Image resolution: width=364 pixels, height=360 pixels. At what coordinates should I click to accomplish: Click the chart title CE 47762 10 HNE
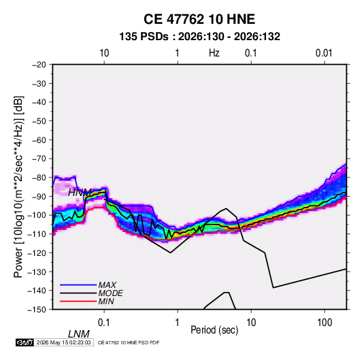pyautogui.click(x=199, y=19)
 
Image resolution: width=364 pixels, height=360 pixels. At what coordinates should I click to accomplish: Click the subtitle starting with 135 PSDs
pyautogui.click(x=199, y=37)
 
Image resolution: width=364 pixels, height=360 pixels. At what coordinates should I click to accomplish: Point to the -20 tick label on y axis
pyautogui.click(x=39, y=65)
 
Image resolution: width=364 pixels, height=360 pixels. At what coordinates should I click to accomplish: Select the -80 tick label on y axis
pyautogui.click(x=39, y=178)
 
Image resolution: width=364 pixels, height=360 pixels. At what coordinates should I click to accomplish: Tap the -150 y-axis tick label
pyautogui.click(x=37, y=310)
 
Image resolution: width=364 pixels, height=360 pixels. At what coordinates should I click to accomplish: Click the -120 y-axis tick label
pyautogui.click(x=37, y=253)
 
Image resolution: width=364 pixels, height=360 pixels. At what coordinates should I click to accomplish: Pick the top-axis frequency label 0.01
pyautogui.click(x=324, y=53)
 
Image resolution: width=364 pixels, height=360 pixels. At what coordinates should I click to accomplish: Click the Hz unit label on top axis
pyautogui.click(x=214, y=53)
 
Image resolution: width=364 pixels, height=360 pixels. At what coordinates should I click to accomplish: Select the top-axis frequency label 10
pyautogui.click(x=104, y=53)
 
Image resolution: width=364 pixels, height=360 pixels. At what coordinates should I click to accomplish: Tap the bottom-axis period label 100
pyautogui.click(x=325, y=323)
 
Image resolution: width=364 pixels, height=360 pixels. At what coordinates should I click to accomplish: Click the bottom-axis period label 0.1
pyautogui.click(x=104, y=323)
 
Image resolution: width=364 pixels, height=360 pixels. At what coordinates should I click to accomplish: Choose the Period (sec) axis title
pyautogui.click(x=214, y=330)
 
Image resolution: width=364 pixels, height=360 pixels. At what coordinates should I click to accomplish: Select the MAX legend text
pyautogui.click(x=107, y=285)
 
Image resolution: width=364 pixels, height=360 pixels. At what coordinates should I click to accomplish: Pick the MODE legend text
pyautogui.click(x=110, y=293)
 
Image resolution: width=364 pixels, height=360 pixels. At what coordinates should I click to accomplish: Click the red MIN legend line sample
pyautogui.click(x=78, y=301)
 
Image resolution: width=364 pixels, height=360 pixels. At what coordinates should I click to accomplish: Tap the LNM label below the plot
pyautogui.click(x=79, y=334)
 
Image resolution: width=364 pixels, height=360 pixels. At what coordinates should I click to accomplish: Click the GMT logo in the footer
pyautogui.click(x=24, y=342)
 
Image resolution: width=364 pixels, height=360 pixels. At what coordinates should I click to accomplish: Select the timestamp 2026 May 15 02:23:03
pyautogui.click(x=63, y=342)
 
